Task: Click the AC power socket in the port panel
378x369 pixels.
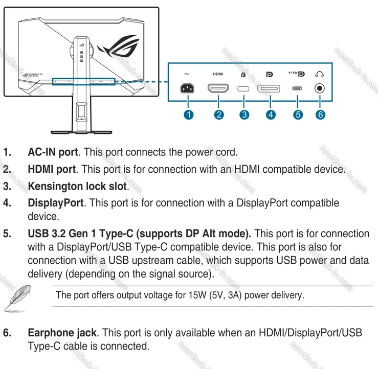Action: tap(188, 89)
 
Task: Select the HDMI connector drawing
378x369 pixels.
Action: tap(218, 89)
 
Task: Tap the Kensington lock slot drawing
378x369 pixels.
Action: tap(244, 89)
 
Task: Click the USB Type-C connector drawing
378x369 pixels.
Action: tap(297, 88)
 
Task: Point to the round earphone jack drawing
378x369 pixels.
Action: tap(320, 88)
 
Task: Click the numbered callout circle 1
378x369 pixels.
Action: tap(189, 114)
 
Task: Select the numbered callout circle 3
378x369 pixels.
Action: tap(244, 114)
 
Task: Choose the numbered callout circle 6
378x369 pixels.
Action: tap(320, 114)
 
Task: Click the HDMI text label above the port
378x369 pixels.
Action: tap(218, 74)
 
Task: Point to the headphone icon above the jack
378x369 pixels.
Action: tap(320, 74)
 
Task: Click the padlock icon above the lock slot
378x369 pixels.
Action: tap(244, 74)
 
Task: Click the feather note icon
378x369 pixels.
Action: tap(14, 297)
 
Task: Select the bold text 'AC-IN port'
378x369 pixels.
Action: tap(53, 152)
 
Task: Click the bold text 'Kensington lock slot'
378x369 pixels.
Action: tap(77, 186)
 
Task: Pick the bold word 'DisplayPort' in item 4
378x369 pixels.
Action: tap(55, 203)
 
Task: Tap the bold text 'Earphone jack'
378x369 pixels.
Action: tap(62, 333)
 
